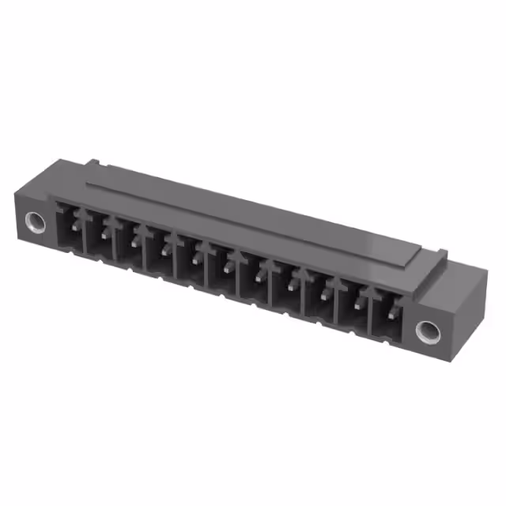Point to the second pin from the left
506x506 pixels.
(x=105, y=234)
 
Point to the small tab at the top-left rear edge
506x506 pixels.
(x=93, y=164)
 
